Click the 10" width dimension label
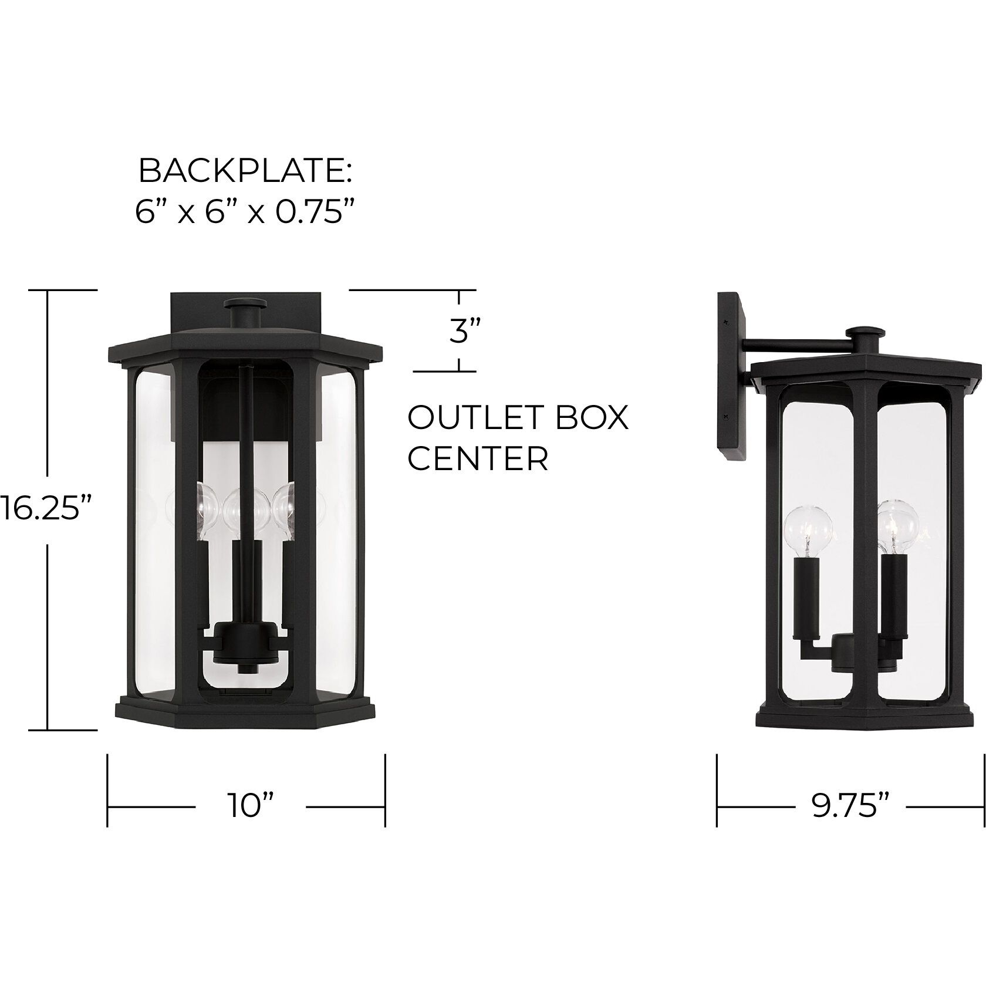pyautogui.click(x=251, y=806)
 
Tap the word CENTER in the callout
pyautogui.click(x=478, y=459)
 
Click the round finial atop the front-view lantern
pyautogui.click(x=245, y=305)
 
